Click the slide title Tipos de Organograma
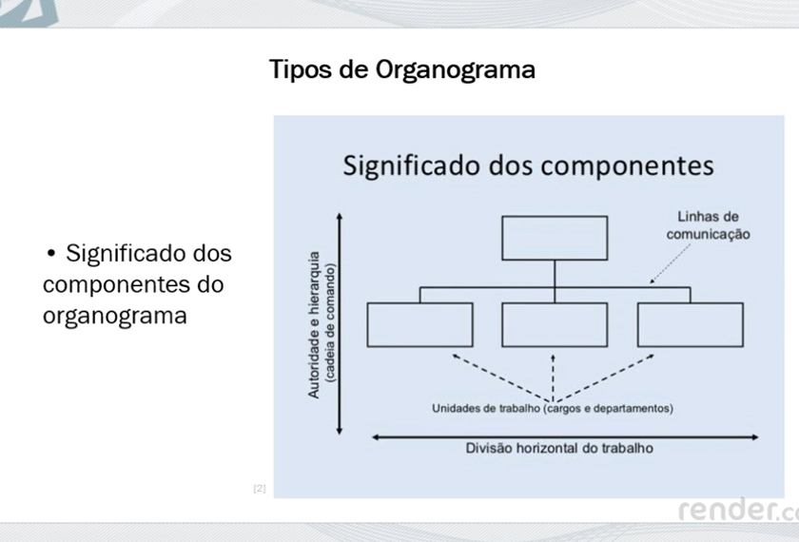402,70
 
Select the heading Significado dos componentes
529,165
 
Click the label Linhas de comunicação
709,225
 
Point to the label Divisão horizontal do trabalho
559,448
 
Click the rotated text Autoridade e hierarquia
313,324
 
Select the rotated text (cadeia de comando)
330,322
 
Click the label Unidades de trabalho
486,409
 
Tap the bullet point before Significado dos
50,253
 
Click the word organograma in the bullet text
115,317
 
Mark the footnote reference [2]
260,489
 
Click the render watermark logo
738,510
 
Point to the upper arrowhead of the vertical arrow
340,217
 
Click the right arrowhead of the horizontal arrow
754,437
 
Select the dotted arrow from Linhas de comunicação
670,263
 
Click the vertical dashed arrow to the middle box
553,378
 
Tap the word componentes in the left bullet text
133,284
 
